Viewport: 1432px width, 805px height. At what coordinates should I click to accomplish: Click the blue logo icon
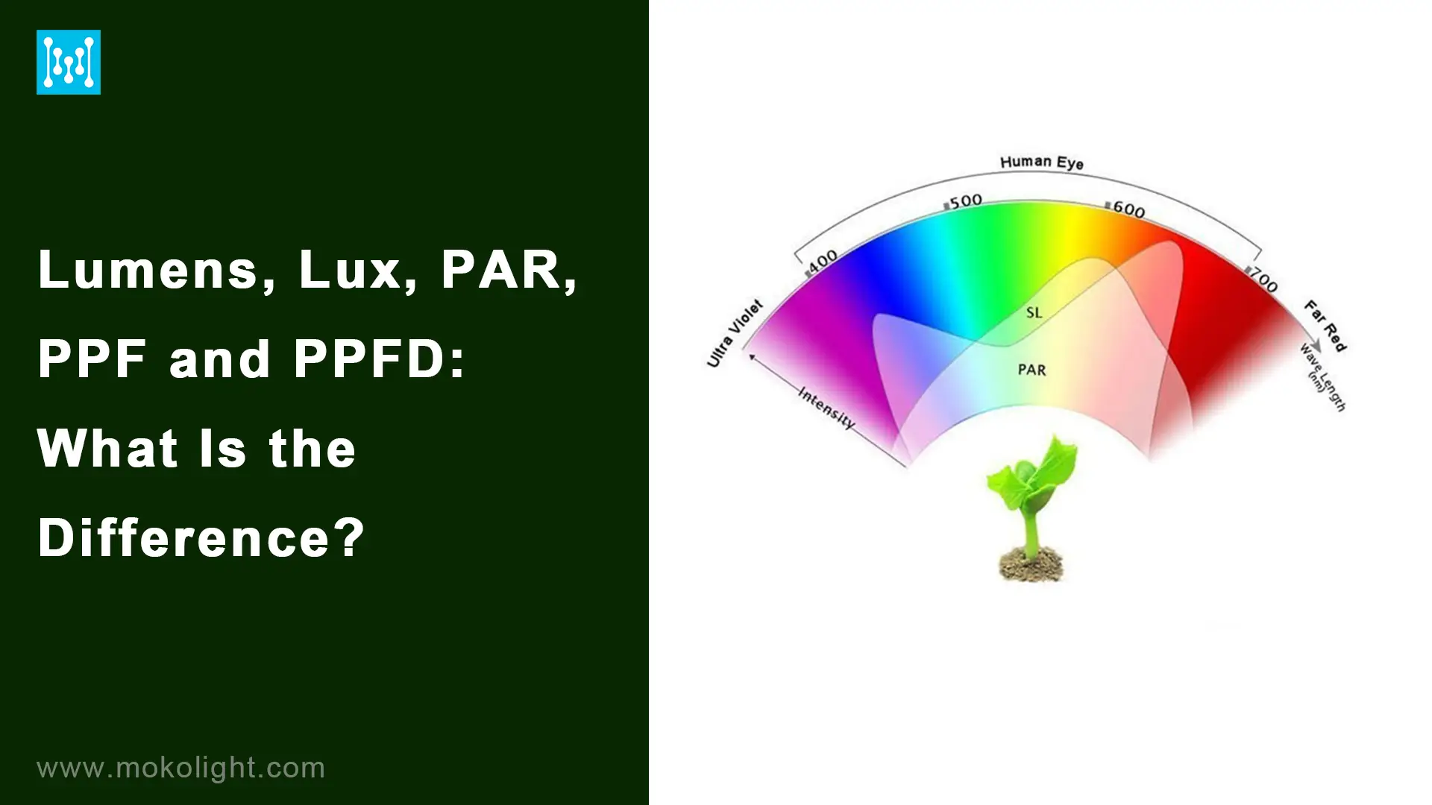[x=69, y=63]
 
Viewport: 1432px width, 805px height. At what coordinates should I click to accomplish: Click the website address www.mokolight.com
[x=181, y=768]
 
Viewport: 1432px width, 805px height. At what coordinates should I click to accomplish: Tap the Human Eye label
[x=1041, y=162]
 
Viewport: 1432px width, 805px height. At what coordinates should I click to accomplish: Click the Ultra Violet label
[x=735, y=333]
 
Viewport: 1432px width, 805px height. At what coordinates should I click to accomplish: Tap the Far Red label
[x=1325, y=326]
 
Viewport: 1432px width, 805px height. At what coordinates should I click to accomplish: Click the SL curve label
[x=1034, y=313]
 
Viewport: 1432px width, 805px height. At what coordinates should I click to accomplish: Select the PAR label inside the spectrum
[x=1031, y=370]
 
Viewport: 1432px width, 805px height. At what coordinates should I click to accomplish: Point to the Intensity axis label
[x=826, y=407]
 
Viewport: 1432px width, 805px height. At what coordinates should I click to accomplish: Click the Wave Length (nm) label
[x=1322, y=378]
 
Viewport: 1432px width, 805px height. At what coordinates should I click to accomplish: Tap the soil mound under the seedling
[x=1031, y=564]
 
